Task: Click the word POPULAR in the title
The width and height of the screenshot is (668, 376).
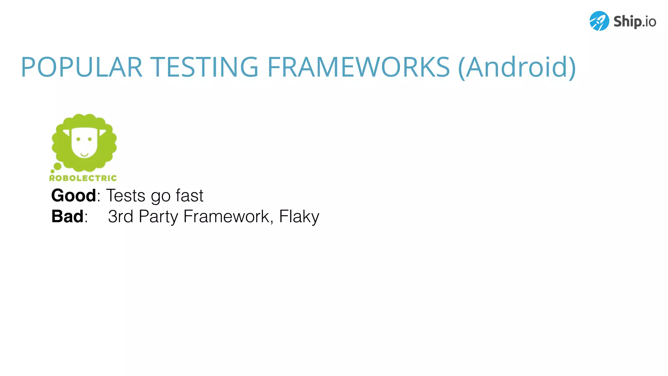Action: click(82, 67)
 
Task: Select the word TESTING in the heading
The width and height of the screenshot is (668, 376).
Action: click(204, 67)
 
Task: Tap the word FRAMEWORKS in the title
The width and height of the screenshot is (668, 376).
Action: click(358, 67)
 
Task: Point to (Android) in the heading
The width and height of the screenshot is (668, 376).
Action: click(517, 67)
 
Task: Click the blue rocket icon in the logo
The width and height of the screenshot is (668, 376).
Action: click(599, 21)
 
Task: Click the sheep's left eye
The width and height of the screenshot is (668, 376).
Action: click(78, 139)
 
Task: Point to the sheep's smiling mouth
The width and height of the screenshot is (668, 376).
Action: click(84, 154)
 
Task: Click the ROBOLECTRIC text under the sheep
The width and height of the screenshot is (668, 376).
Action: click(83, 178)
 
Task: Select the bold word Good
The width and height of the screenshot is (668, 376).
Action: click(73, 196)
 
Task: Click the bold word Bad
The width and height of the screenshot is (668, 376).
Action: click(68, 216)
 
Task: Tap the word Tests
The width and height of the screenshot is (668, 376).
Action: click(126, 196)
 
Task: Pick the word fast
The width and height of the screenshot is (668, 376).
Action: click(190, 196)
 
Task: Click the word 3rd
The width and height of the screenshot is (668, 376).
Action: click(120, 216)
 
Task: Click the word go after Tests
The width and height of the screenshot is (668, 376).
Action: click(161, 196)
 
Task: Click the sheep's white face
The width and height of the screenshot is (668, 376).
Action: click(84, 145)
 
